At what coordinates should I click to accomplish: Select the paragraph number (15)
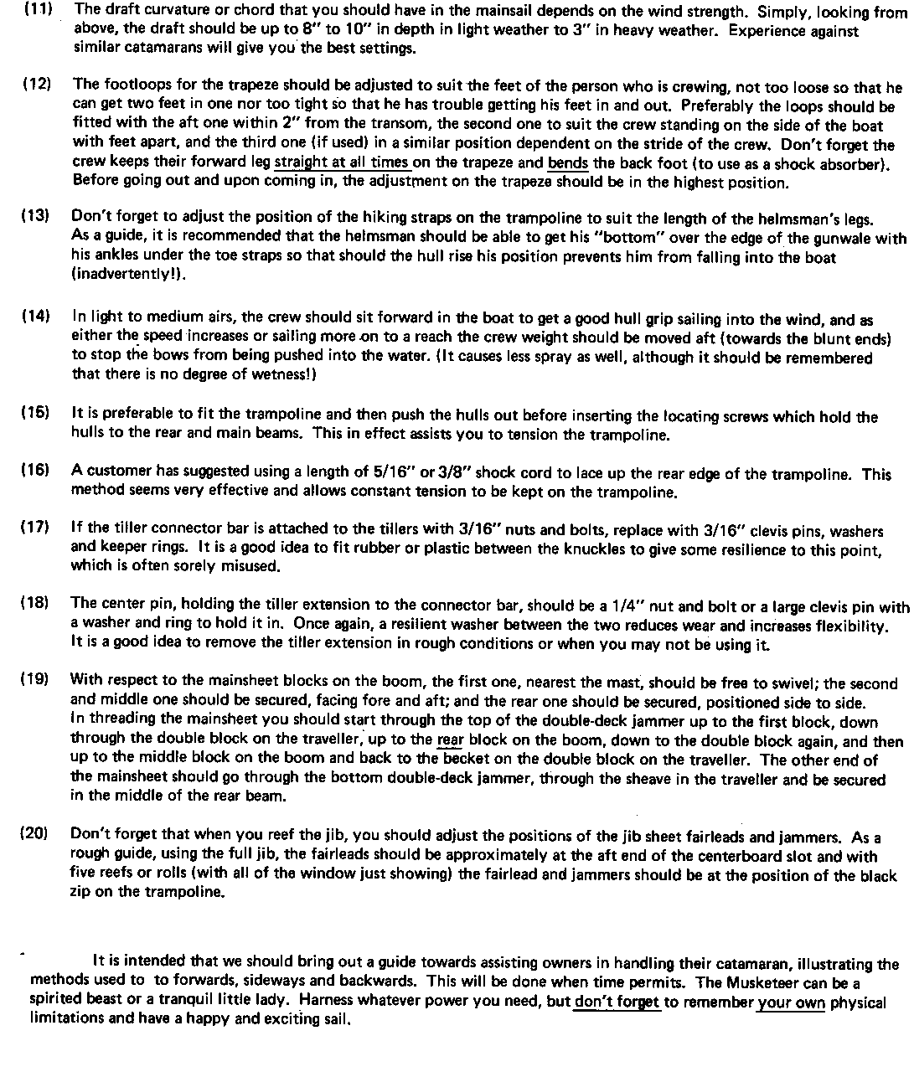coord(35,413)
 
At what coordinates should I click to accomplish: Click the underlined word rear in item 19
coord(450,741)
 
